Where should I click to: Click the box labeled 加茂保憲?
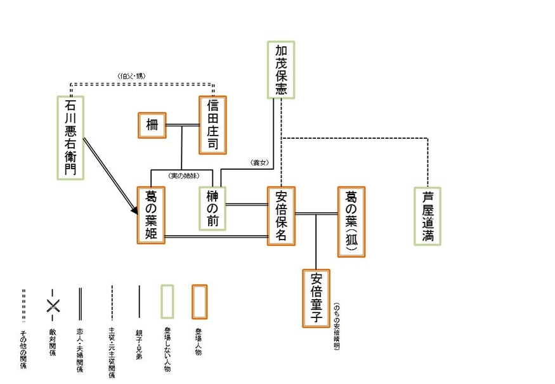tap(281, 70)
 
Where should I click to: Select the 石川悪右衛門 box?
tap(70, 137)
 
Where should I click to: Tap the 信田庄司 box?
tap(212, 125)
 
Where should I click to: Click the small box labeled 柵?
tap(152, 124)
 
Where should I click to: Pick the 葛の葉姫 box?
tap(151, 215)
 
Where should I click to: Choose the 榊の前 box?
tap(212, 210)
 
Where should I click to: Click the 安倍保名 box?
tap(281, 215)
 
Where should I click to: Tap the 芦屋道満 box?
tap(427, 216)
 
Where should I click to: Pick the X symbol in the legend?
tap(53, 306)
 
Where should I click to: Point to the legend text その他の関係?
tap(23, 349)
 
